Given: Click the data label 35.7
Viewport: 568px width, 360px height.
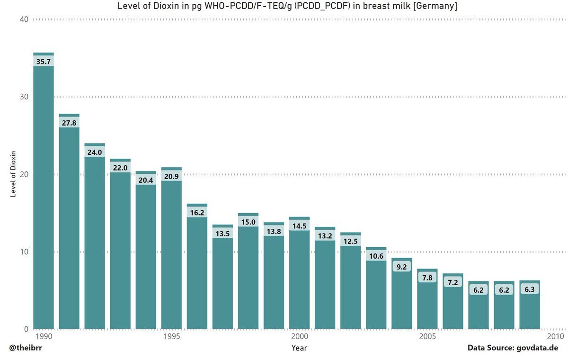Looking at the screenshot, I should [x=44, y=62].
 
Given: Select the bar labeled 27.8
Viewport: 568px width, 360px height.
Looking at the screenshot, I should [x=69, y=227].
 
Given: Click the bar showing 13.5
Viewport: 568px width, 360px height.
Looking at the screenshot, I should [x=222, y=284].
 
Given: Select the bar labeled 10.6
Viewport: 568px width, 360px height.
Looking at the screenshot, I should [x=376, y=294].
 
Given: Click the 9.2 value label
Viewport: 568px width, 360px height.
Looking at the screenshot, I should [x=401, y=267].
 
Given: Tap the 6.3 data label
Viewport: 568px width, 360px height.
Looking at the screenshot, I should [x=529, y=289].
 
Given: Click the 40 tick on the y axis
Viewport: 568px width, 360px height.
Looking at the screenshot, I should [x=24, y=19].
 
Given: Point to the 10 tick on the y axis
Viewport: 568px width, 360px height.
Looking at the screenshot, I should [x=24, y=252].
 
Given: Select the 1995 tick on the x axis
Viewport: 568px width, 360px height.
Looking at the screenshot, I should [x=171, y=336].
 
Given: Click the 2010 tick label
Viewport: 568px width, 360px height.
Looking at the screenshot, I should [x=555, y=336].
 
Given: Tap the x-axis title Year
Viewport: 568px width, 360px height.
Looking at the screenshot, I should [x=299, y=348].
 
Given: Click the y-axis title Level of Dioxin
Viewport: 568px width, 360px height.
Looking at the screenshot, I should [x=13, y=174].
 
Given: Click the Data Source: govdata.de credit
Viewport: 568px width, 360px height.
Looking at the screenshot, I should [x=513, y=348].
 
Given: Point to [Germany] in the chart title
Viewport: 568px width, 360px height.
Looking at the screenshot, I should [x=435, y=6].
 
